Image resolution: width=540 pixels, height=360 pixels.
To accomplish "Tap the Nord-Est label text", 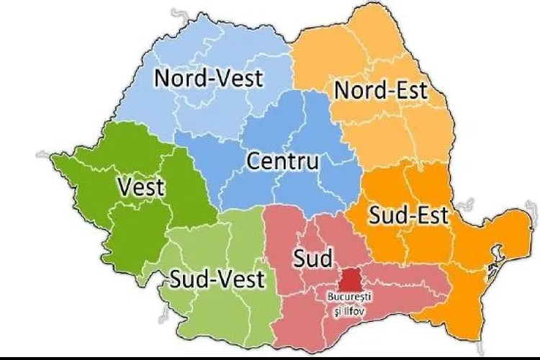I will [x=381, y=91].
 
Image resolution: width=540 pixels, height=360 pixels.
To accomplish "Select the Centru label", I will [x=282, y=161].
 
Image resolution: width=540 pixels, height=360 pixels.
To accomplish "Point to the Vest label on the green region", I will [x=140, y=188].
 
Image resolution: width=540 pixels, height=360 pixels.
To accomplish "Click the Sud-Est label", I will [x=408, y=214].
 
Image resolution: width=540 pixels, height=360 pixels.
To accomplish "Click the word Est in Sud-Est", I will [x=431, y=214].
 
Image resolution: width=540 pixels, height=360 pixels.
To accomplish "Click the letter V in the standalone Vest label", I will [x=124, y=188].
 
